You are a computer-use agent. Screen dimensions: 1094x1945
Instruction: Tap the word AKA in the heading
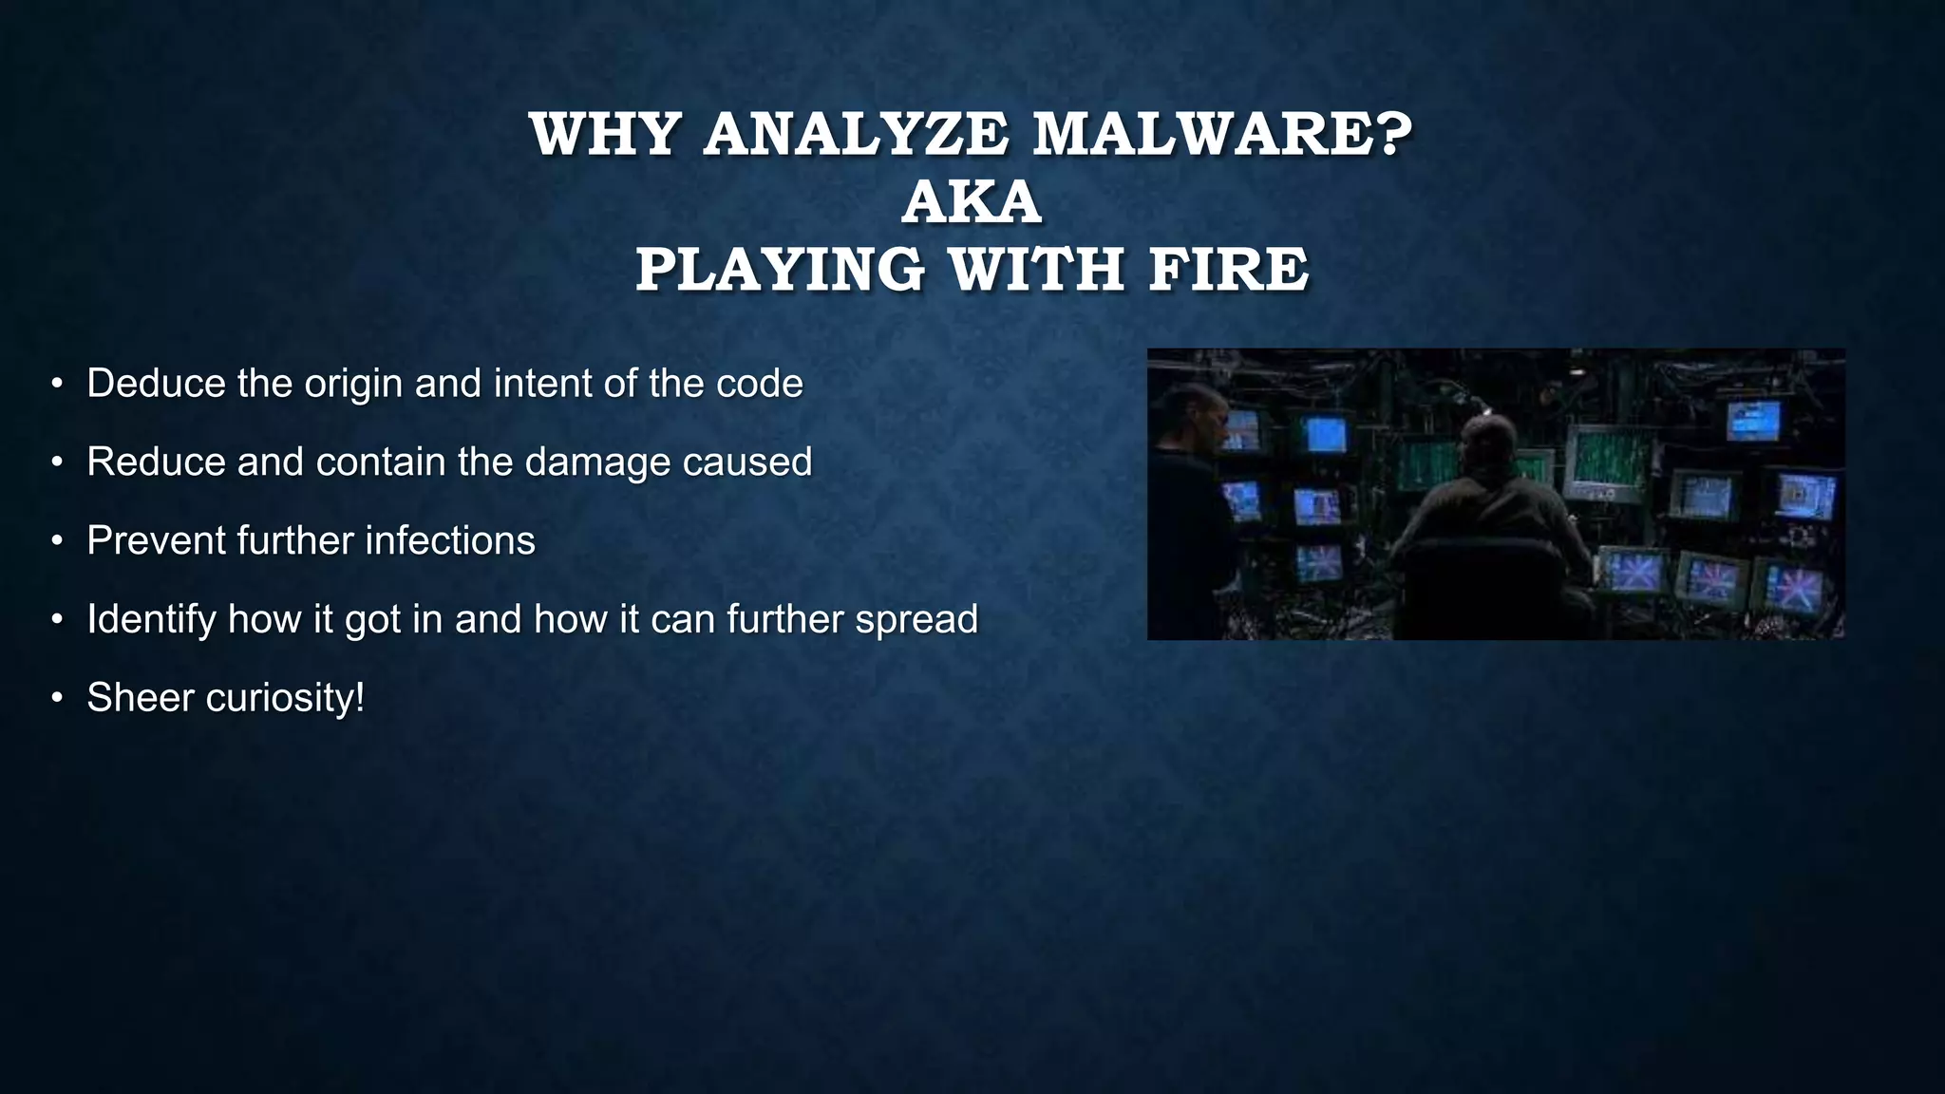[x=972, y=202]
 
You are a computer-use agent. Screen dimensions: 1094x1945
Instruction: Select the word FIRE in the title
[x=1228, y=270]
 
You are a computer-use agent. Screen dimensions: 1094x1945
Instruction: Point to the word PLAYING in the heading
[x=780, y=270]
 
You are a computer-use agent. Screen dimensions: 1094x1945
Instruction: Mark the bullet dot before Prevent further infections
[x=57, y=541]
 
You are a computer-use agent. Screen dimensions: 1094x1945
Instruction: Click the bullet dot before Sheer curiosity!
[x=57, y=698]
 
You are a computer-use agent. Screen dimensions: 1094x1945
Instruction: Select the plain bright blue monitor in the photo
[x=1326, y=435]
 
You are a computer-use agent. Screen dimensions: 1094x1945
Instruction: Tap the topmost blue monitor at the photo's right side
[x=1752, y=420]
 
